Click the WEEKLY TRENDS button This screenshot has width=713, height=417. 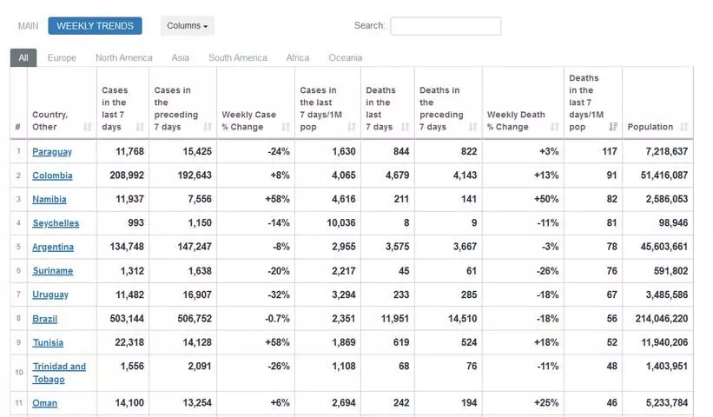[x=95, y=26]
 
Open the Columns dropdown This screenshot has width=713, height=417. [x=187, y=26]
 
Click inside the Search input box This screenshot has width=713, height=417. [x=445, y=26]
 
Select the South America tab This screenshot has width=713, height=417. [x=237, y=58]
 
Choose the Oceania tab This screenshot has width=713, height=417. [x=345, y=58]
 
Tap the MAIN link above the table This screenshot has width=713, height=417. [x=29, y=26]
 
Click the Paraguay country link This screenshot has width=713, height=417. [x=52, y=152]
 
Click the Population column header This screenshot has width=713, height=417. [x=650, y=128]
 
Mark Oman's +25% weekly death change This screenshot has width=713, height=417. [x=546, y=403]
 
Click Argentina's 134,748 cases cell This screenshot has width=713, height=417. [x=123, y=247]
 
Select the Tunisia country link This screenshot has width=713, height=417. [x=48, y=343]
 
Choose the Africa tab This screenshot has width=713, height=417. [x=298, y=58]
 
